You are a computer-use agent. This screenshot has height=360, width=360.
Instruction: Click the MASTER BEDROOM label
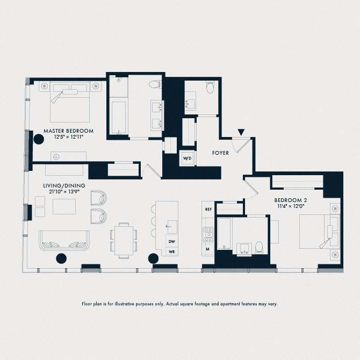coord(68,131)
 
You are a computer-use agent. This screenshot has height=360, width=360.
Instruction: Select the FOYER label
coord(220,153)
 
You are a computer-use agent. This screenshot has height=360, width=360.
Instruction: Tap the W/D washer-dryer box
coord(187,159)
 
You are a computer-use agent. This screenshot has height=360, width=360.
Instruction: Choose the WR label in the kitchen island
coord(172,251)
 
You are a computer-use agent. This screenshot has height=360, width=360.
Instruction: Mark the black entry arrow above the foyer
coord(242,132)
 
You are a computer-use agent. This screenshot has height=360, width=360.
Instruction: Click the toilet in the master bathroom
coord(156,84)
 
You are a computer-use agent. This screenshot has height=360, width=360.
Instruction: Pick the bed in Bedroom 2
coord(317,230)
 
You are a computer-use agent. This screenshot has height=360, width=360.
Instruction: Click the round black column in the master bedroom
coord(39,139)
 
